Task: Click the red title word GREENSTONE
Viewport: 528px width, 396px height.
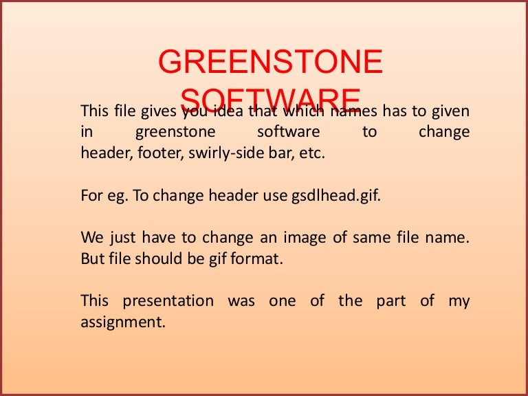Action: click(269, 63)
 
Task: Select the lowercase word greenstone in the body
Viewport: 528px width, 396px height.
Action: click(175, 131)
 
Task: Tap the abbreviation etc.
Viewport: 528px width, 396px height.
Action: click(311, 153)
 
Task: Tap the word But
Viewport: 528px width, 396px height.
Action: click(92, 258)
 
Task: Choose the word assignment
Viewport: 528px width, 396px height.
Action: click(123, 322)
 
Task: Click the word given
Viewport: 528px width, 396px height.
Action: click(450, 111)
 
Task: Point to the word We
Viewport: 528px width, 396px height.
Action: click(91, 238)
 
